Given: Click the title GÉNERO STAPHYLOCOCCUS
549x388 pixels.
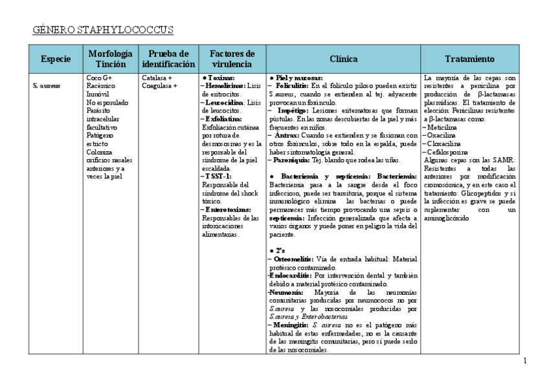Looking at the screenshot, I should (103, 30).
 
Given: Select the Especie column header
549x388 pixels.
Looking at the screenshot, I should (56, 59).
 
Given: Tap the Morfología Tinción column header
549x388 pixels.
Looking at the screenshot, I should (110, 59).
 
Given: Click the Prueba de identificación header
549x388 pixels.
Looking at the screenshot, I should (168, 59).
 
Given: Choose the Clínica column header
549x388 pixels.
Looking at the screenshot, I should (343, 59).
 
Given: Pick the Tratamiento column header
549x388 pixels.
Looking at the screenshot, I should (469, 59).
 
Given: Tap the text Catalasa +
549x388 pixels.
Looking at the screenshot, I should (157, 78).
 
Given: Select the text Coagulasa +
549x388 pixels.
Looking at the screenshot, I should (160, 85).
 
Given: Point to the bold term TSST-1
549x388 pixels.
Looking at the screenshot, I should (218, 176).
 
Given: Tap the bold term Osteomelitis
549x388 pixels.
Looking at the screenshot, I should (297, 259).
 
